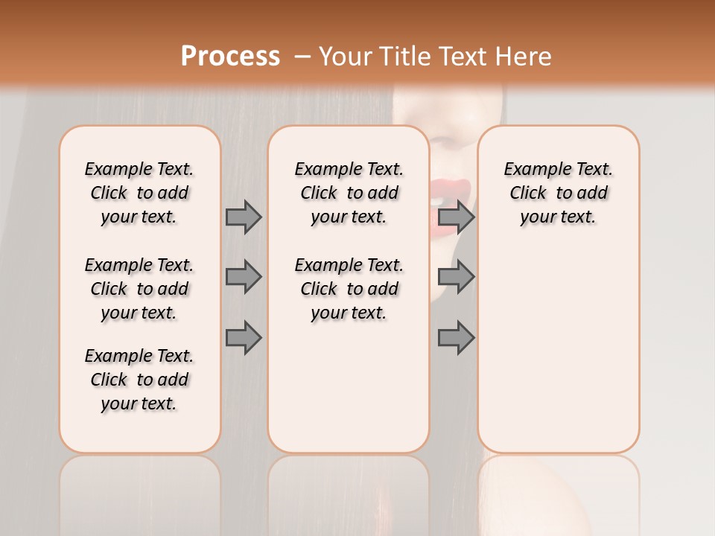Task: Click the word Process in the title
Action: tap(230, 57)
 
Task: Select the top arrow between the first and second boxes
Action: tap(244, 217)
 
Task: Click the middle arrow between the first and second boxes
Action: tap(244, 277)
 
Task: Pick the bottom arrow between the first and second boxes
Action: tap(244, 337)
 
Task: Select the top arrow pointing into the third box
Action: tap(456, 217)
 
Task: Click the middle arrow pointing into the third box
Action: tap(456, 277)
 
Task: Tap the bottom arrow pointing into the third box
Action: tap(456, 337)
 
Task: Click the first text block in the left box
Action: tap(139, 193)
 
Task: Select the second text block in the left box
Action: tap(139, 289)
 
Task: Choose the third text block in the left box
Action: tap(139, 380)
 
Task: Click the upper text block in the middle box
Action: tap(349, 193)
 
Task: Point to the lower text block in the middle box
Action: tap(349, 289)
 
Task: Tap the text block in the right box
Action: tap(558, 193)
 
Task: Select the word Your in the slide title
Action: tap(345, 57)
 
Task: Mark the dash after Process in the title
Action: tap(302, 57)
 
